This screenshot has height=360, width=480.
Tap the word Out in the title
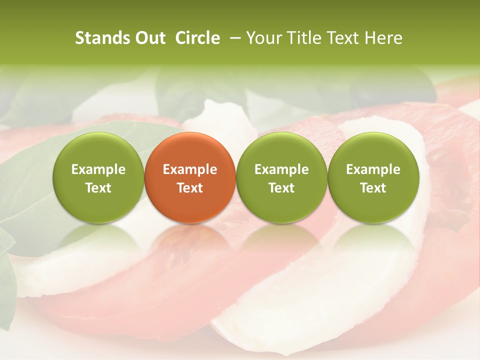(149, 38)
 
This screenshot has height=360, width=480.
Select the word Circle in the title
(197, 38)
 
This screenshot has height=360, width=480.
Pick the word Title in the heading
(302, 38)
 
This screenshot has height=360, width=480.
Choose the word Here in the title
(382, 38)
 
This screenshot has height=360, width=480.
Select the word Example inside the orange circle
(190, 169)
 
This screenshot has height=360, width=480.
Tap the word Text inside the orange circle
(190, 188)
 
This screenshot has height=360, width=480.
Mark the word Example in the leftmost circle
(98, 169)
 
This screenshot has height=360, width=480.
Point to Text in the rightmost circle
(373, 188)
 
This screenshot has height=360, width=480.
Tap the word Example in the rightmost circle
(373, 169)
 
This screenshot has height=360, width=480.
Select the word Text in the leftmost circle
(98, 188)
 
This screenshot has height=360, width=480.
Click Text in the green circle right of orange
(281, 188)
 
